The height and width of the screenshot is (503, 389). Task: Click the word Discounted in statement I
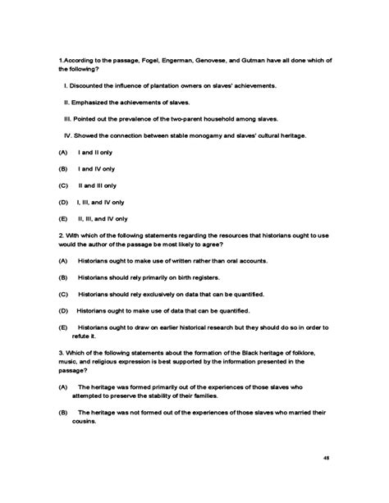click(89, 85)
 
